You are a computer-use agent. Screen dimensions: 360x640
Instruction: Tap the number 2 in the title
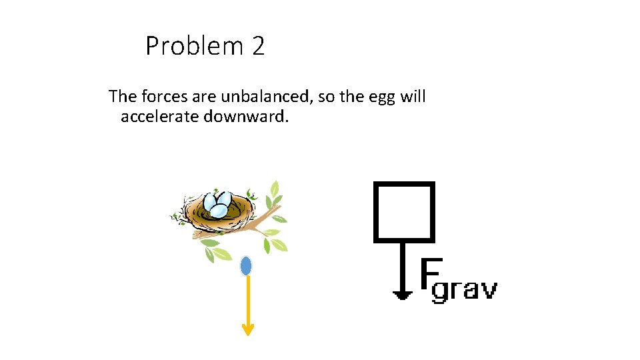click(x=258, y=47)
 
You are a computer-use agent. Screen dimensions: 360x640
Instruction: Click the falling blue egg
click(x=246, y=266)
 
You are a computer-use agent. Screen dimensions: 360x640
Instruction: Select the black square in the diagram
click(x=405, y=211)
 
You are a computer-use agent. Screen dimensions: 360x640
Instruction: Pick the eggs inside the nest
click(x=218, y=205)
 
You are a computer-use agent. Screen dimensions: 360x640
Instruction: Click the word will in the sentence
click(x=413, y=97)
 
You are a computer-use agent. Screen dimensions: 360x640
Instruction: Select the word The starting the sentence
click(x=123, y=97)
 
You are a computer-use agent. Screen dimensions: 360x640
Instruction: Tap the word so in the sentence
click(x=327, y=97)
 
